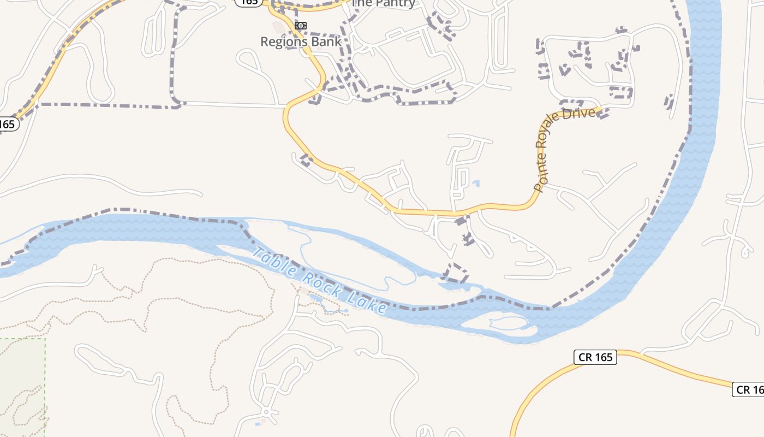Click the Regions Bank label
pos(301,42)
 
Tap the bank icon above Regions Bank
pos(301,26)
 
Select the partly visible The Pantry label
pos(384,3)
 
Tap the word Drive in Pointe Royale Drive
pos(582,114)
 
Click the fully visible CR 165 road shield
pos(595,357)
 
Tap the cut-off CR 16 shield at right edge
pos(749,389)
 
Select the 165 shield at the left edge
pos(8,124)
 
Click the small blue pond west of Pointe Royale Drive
pos(476,183)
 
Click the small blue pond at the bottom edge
pos(258,424)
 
